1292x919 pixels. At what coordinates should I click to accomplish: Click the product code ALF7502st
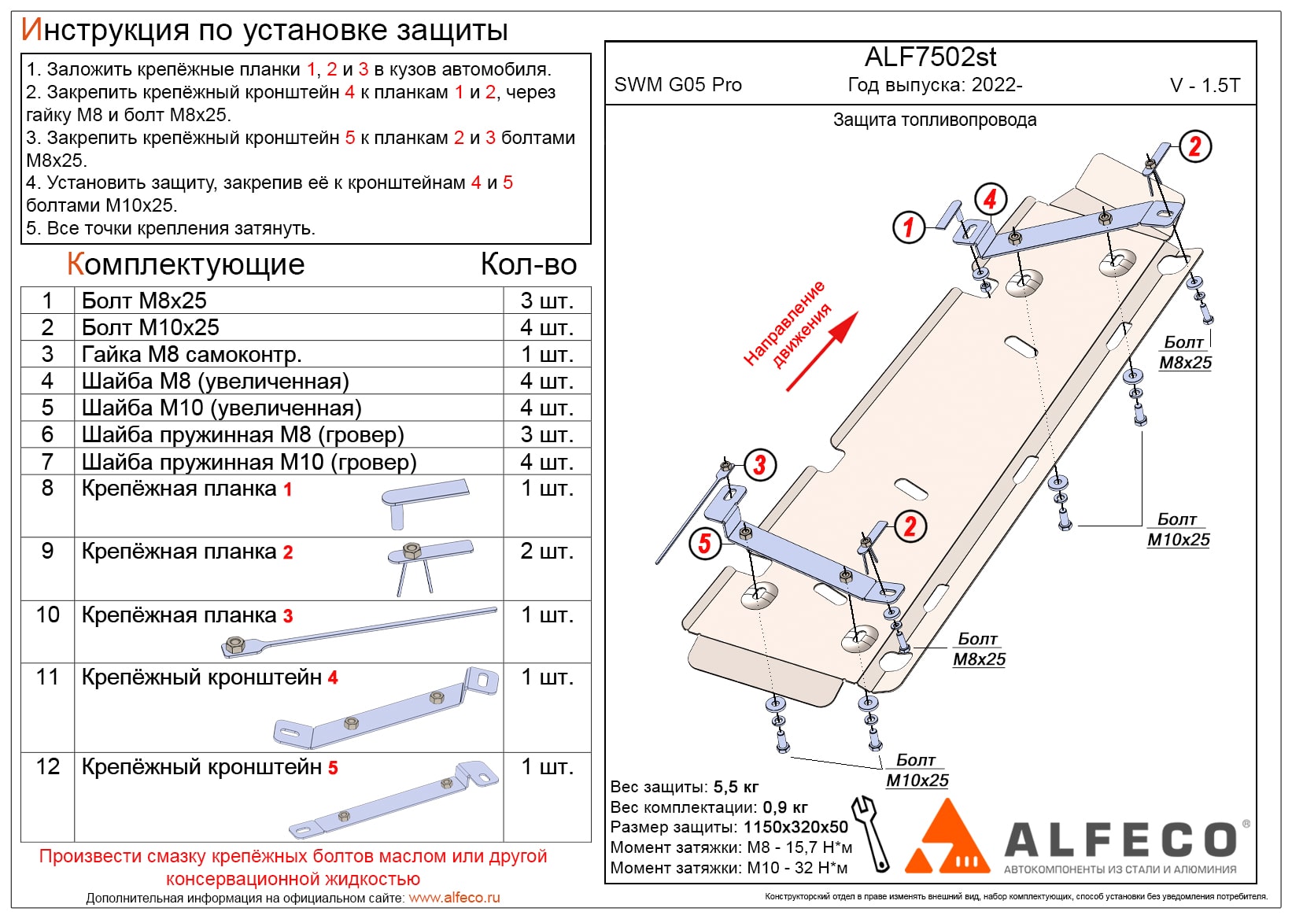tap(930, 57)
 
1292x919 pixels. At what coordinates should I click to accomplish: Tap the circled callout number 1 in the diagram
tap(909, 227)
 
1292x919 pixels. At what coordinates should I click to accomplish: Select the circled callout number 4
tap(990, 199)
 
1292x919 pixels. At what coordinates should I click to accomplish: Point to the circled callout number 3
tap(759, 465)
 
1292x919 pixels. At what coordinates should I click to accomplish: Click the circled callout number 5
tap(704, 543)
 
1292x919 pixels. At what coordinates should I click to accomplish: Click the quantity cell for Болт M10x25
tap(546, 327)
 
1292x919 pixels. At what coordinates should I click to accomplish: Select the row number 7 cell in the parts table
tap(47, 462)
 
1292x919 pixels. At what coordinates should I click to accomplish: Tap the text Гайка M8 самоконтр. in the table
tap(191, 354)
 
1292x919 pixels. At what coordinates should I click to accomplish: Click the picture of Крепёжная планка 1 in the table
tap(425, 499)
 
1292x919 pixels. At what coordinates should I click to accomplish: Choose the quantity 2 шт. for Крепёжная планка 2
tap(546, 552)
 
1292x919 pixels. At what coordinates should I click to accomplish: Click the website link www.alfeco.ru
tap(454, 898)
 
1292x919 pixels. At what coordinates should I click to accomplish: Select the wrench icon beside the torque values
tap(871, 832)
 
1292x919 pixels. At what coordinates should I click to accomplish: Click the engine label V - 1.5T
tap(1205, 86)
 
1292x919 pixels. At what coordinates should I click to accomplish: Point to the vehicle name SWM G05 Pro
tap(677, 85)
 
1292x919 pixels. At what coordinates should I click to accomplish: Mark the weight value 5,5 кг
tap(736, 787)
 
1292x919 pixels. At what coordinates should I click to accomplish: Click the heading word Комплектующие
tap(186, 265)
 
